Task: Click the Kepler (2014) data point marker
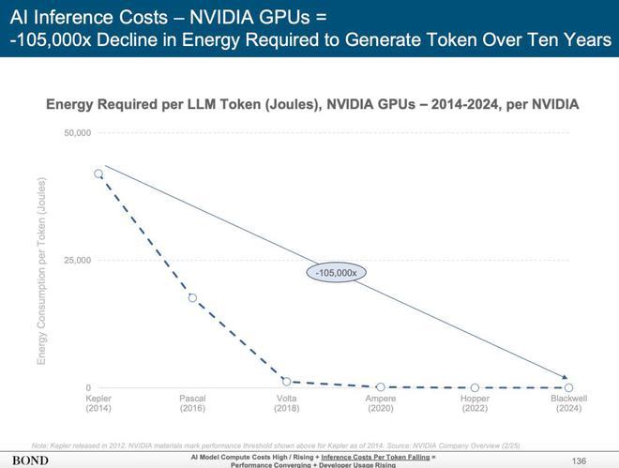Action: [98, 174]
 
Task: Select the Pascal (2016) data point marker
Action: [192, 298]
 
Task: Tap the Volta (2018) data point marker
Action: [286, 382]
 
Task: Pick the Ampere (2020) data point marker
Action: [380, 386]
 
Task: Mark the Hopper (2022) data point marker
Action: [475, 387]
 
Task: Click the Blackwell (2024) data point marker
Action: [568, 387]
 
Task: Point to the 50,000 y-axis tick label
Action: [77, 133]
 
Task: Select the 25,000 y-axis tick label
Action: [77, 260]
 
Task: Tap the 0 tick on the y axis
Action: [87, 387]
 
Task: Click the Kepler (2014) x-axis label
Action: [98, 404]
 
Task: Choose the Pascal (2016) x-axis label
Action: [192, 404]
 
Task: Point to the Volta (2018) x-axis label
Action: [286, 404]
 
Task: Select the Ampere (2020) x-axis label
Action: [380, 404]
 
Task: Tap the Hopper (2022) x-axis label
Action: [475, 404]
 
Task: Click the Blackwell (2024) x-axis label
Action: [568, 404]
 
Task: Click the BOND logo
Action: [31, 460]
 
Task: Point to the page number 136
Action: [579, 460]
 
